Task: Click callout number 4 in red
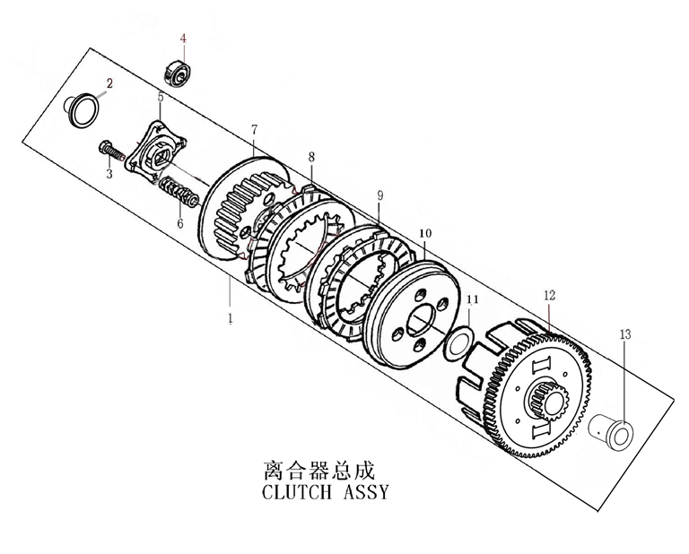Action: tap(183, 39)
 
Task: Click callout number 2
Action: tap(110, 83)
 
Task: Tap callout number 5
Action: tap(160, 97)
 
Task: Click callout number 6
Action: tap(179, 224)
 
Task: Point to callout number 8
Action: tap(311, 157)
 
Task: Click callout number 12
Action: tap(549, 294)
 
